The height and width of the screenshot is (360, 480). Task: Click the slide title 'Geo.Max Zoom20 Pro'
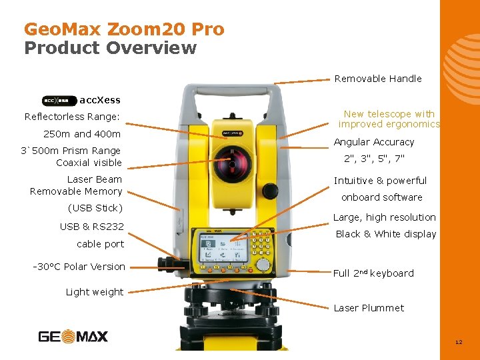pyautogui.click(x=124, y=29)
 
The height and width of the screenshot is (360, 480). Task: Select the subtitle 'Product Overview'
pyautogui.click(x=111, y=48)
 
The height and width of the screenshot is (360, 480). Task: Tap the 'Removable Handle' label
pyautogui.click(x=377, y=79)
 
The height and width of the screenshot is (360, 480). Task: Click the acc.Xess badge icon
pyautogui.click(x=59, y=101)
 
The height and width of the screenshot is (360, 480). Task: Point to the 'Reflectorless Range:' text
pyautogui.click(x=72, y=117)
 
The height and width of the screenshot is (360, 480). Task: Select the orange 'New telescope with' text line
pyautogui.click(x=389, y=114)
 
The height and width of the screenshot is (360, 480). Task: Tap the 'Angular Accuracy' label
pyautogui.click(x=373, y=142)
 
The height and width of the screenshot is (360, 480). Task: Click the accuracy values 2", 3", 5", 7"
pyautogui.click(x=373, y=159)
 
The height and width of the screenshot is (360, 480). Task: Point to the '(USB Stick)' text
pyautogui.click(x=95, y=208)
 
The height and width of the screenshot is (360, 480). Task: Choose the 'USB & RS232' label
pyautogui.click(x=91, y=227)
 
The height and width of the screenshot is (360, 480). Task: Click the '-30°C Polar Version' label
pyautogui.click(x=79, y=267)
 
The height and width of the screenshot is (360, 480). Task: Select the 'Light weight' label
pyautogui.click(x=94, y=292)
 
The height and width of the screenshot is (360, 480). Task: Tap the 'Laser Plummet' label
pyautogui.click(x=368, y=308)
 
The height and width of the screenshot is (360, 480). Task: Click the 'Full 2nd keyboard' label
pyautogui.click(x=373, y=273)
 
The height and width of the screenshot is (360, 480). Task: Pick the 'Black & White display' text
pyautogui.click(x=385, y=234)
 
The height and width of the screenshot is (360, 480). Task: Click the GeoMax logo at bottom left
pyautogui.click(x=73, y=337)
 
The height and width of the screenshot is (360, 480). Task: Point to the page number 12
pyautogui.click(x=458, y=342)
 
